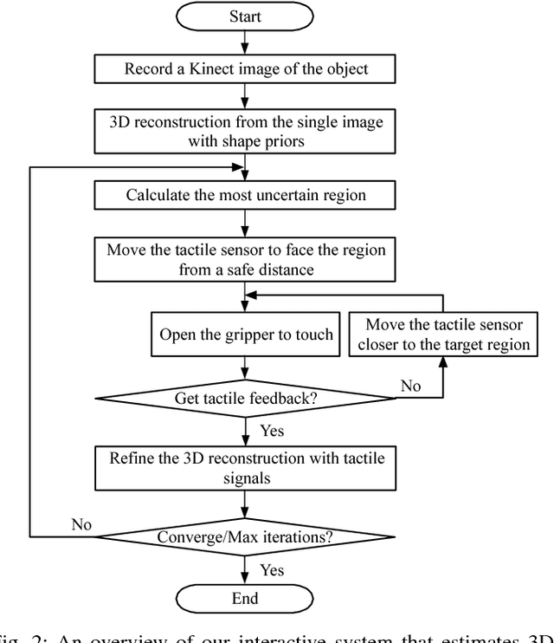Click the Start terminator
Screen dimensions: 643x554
click(246, 16)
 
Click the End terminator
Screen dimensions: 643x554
click(246, 598)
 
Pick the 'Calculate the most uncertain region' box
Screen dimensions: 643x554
click(246, 195)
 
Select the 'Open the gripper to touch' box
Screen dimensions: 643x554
click(246, 334)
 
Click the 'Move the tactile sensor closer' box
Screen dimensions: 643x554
click(444, 334)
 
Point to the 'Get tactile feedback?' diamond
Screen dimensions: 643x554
click(246, 398)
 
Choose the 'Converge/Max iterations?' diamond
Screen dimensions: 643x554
click(246, 536)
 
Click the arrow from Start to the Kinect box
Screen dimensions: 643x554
click(246, 43)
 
